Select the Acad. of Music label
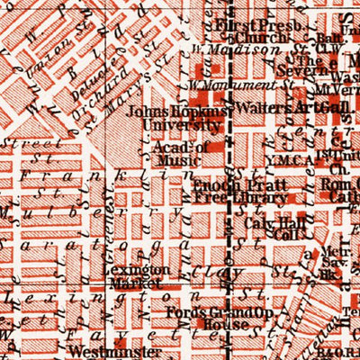181,154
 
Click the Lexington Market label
135,276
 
